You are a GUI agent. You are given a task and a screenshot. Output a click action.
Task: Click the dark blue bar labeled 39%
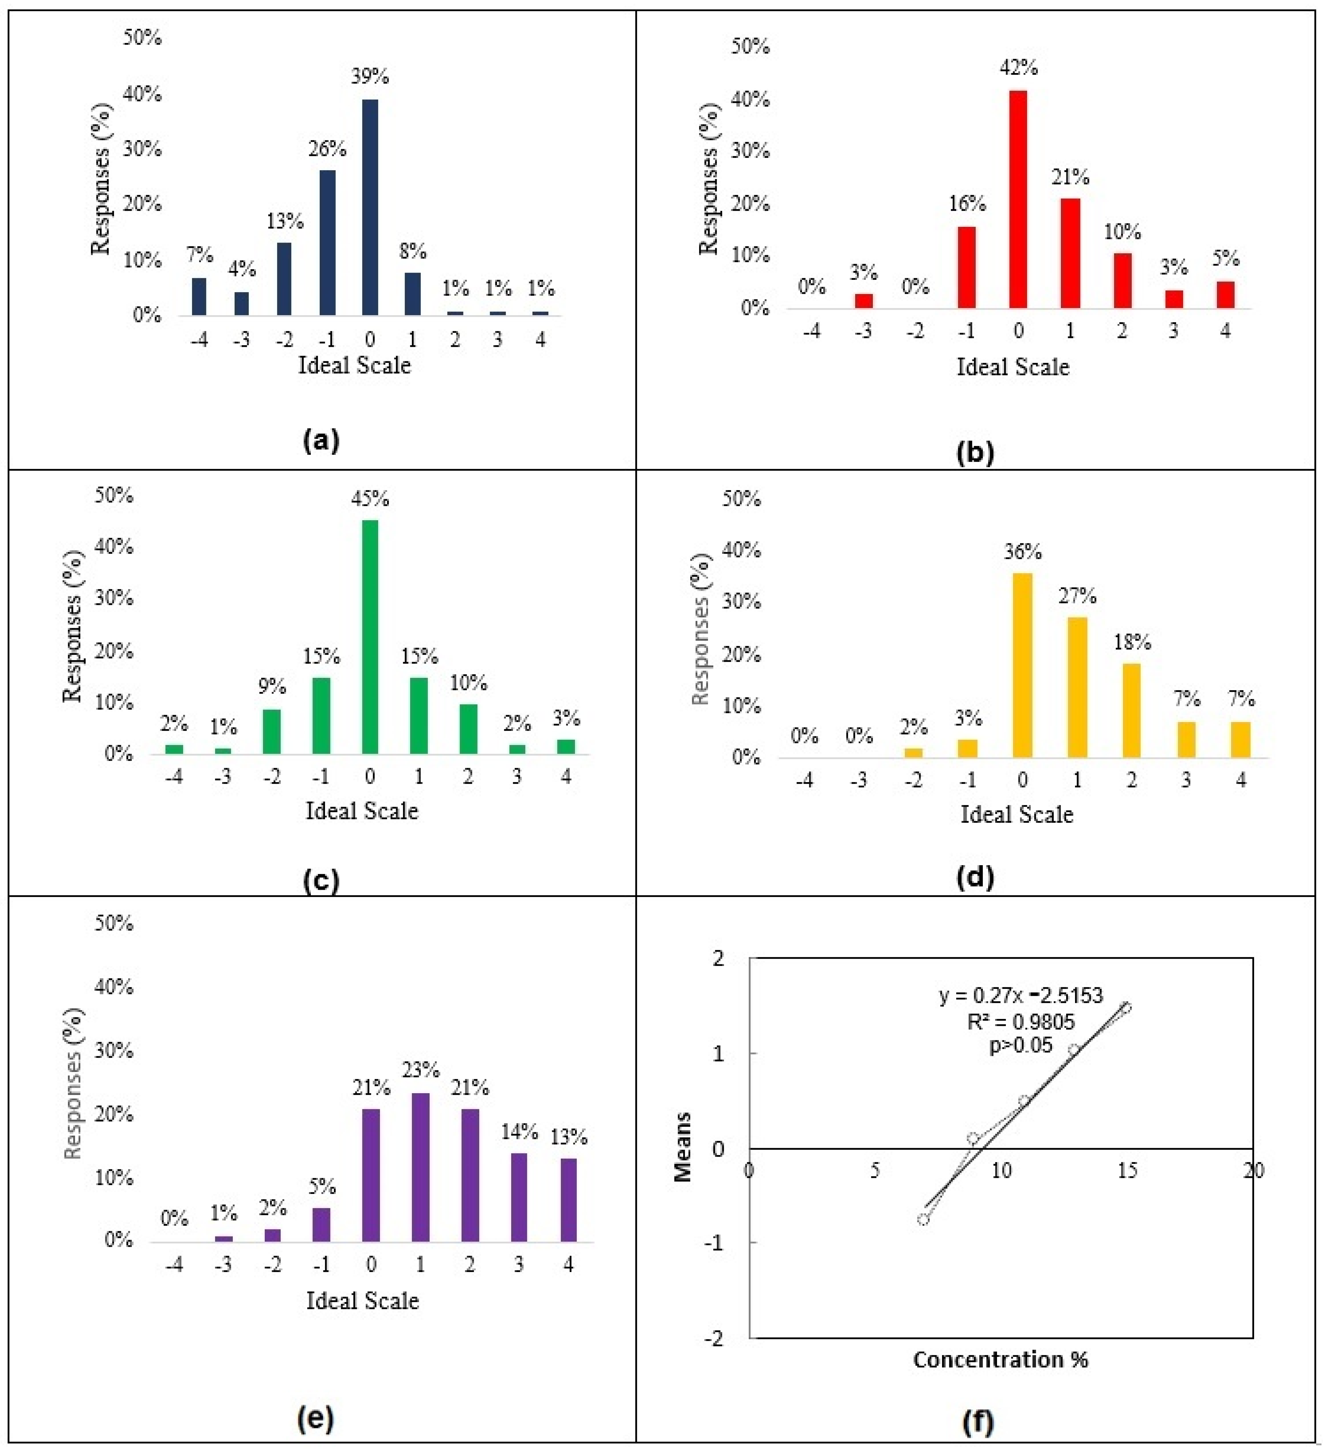click(x=370, y=208)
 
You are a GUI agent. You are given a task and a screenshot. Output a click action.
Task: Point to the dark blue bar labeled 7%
click(x=199, y=297)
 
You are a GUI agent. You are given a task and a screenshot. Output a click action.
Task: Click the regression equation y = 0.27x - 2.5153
click(x=1020, y=996)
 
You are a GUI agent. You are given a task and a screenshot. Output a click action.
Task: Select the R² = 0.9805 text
click(x=1020, y=1021)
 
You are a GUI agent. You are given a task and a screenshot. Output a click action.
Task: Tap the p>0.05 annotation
click(x=1020, y=1045)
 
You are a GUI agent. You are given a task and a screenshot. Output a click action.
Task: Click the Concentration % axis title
click(x=1000, y=1360)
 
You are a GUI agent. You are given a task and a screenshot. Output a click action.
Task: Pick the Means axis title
click(x=683, y=1147)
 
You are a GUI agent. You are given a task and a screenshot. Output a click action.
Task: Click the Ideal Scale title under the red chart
click(x=1012, y=367)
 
